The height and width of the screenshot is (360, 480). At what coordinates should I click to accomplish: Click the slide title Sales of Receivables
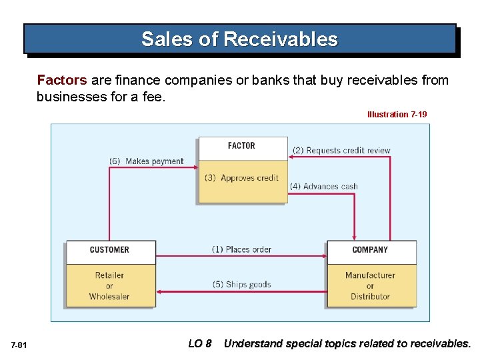(x=239, y=39)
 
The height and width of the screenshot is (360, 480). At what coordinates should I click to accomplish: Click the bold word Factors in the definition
(x=61, y=81)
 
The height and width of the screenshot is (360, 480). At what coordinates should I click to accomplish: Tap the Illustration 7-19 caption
(x=397, y=115)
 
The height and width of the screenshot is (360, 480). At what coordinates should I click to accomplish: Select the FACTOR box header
(x=241, y=146)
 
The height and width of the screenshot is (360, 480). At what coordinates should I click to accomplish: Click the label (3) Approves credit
(x=241, y=178)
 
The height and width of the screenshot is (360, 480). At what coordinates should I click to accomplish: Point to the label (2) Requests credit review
(x=341, y=151)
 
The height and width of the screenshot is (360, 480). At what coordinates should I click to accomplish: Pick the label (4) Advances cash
(x=324, y=187)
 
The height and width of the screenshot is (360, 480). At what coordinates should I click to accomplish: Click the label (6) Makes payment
(x=146, y=161)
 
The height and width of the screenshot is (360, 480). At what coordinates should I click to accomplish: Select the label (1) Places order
(x=241, y=249)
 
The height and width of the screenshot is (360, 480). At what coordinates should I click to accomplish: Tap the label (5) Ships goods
(x=241, y=285)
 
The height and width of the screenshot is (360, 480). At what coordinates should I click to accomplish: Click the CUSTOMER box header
(x=109, y=250)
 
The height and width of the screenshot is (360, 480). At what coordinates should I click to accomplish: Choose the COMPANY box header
(x=370, y=250)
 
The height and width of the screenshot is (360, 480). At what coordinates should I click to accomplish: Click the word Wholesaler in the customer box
(x=109, y=297)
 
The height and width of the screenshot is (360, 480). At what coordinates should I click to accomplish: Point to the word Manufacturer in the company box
(x=370, y=275)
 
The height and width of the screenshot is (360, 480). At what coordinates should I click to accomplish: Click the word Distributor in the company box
(x=370, y=297)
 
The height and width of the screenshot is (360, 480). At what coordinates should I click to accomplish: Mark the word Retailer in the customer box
(x=109, y=275)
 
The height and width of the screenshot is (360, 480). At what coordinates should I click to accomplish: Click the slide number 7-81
(x=19, y=345)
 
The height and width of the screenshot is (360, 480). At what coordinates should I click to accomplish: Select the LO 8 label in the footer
(x=199, y=344)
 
